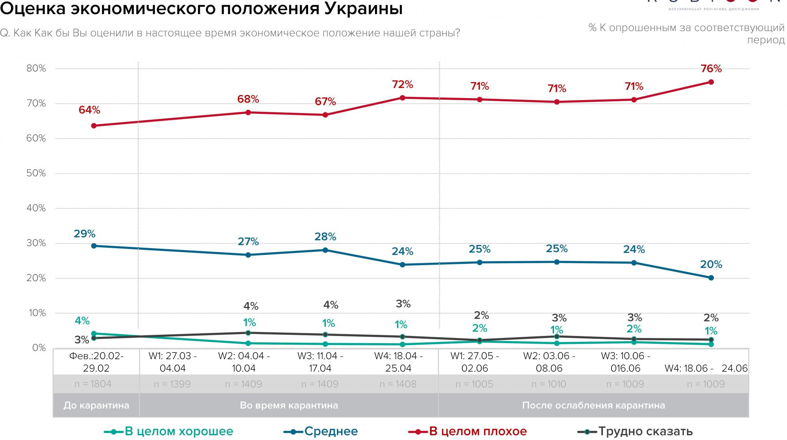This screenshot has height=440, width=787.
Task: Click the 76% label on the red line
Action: point(711,69)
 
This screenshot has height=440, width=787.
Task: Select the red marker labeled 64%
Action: point(94,126)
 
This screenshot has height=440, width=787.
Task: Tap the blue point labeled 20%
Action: point(711,278)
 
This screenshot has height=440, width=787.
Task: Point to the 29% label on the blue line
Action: point(85,234)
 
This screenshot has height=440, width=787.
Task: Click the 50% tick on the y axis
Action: point(36,173)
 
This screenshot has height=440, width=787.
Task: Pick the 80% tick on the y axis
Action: point(36,69)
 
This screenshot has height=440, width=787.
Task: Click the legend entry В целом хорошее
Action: point(169,431)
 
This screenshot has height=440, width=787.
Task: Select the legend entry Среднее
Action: point(321,431)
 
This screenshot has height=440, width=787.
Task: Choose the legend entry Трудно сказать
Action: point(635,431)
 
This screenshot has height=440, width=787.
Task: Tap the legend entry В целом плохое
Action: point(468,431)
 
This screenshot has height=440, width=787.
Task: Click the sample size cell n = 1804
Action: point(93,384)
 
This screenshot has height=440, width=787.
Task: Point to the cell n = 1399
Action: point(172,384)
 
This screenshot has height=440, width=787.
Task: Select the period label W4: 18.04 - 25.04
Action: point(398,362)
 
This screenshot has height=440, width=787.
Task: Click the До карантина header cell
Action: point(96,405)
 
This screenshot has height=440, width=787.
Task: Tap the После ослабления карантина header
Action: point(593,405)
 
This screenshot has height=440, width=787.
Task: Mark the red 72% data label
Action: point(403,85)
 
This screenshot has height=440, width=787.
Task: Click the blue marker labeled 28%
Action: point(325,250)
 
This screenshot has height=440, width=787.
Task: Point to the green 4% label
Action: point(82,321)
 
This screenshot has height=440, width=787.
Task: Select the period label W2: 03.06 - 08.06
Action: point(549,362)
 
